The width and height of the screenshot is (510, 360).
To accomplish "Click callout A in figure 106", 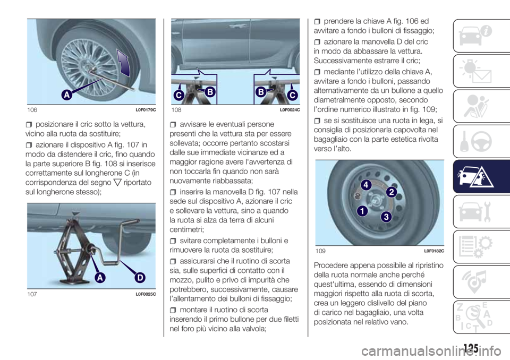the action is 67,95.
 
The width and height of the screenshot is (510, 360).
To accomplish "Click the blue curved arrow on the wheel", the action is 124,63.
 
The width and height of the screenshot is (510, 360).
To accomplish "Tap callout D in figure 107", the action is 140,277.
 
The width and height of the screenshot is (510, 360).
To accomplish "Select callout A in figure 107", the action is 100,277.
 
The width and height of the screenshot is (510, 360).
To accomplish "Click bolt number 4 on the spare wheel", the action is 366,185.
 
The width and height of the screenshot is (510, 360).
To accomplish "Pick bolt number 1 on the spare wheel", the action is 362,211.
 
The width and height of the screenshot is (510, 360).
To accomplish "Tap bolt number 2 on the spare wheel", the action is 392,192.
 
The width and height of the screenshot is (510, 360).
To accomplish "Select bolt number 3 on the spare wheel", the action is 386,217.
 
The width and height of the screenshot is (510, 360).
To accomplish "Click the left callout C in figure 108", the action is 179,95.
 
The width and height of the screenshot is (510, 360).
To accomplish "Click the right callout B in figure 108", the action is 261,92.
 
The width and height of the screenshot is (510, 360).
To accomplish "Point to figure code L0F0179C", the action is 146,110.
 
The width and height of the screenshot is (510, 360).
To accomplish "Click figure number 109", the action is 320,251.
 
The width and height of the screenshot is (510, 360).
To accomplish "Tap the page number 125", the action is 471,349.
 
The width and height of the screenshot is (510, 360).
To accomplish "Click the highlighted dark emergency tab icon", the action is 476,177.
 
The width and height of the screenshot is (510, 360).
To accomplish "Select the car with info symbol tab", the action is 475,36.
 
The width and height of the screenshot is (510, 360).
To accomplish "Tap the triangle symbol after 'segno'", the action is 117,183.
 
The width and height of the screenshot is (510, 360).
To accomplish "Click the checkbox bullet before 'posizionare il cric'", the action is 29,125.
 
